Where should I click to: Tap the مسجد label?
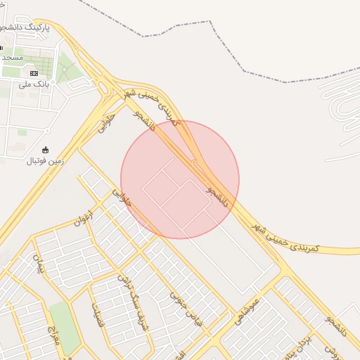click(13, 56)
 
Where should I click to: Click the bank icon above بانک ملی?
click(34, 72)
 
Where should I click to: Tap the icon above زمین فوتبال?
click(46, 149)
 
